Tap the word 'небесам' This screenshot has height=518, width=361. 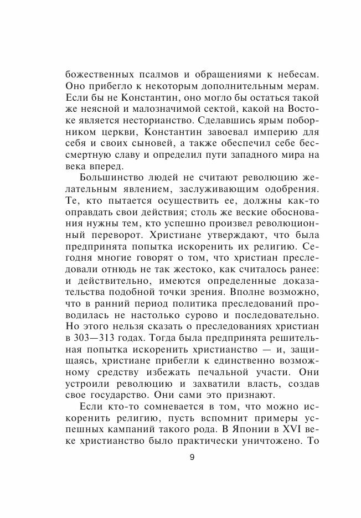click(275, 75)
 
